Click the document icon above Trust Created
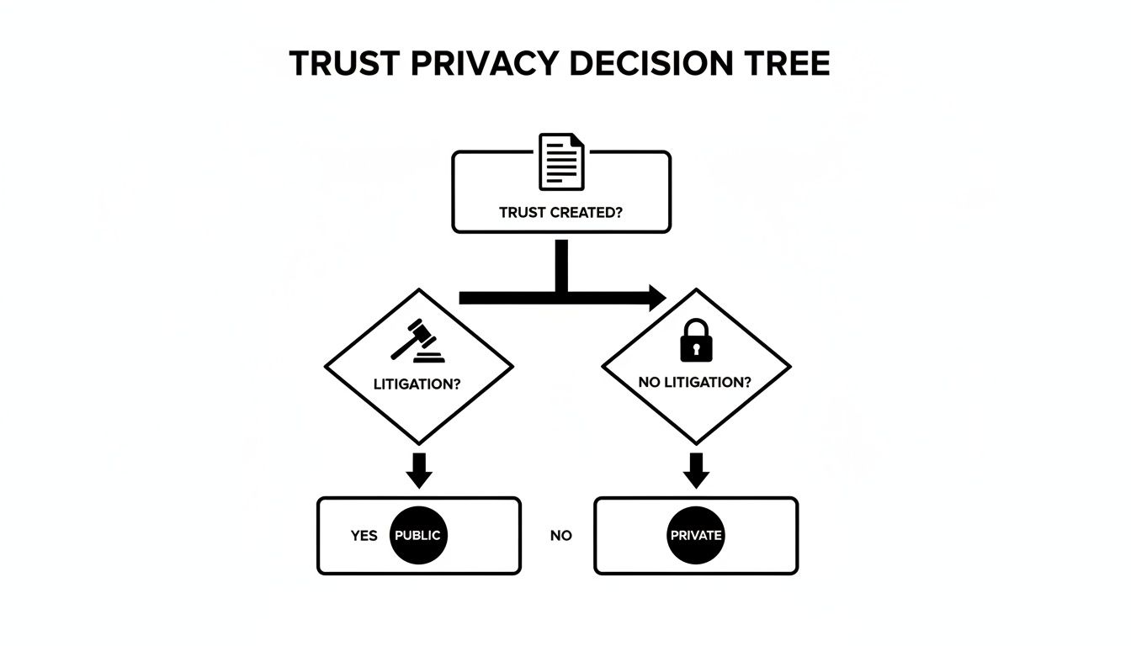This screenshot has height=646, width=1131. click(x=561, y=161)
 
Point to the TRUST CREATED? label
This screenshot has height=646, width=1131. click(x=560, y=213)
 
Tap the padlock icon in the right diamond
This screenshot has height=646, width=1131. click(x=695, y=341)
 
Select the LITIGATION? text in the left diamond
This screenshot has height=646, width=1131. click(x=417, y=384)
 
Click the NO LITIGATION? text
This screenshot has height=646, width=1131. click(x=695, y=383)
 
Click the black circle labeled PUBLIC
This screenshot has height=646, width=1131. click(x=418, y=535)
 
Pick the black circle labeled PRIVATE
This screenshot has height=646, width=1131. click(x=696, y=535)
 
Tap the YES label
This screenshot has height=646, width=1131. click(x=364, y=536)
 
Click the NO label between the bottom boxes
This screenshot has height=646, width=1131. click(x=560, y=536)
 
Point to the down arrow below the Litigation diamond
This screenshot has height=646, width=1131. click(x=418, y=471)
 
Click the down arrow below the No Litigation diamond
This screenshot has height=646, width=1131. click(x=696, y=471)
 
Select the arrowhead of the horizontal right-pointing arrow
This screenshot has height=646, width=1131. click(x=655, y=297)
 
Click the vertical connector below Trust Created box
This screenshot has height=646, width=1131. click(x=561, y=265)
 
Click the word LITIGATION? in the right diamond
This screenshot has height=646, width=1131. click(x=708, y=383)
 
